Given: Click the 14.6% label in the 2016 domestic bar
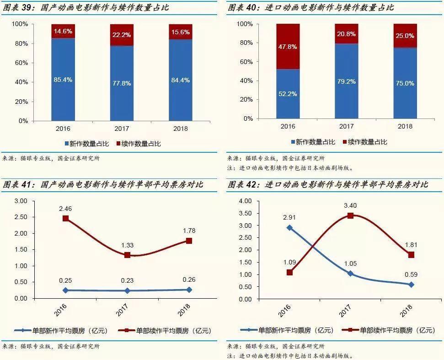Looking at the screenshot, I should coord(63,32).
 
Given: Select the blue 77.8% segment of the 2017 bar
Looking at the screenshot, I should coord(122,83).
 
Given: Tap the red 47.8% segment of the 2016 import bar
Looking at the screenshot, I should coord(288,46).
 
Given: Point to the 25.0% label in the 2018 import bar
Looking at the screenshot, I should coord(405,36).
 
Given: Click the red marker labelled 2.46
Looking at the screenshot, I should coord(66,218).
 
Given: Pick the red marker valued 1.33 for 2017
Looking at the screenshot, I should coord(128,255).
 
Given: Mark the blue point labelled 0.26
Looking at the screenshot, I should coord(189,290).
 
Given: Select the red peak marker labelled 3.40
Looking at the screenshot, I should coord(350,215).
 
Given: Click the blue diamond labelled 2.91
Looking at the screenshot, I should coord(289,227).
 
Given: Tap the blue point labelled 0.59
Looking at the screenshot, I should coord(411,285).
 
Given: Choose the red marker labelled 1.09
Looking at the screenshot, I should coord(289,272).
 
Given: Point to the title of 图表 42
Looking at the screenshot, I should coord(327,185).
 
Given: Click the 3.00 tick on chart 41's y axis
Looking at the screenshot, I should coord(21,201).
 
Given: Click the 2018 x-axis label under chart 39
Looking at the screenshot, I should coord(180,129).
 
